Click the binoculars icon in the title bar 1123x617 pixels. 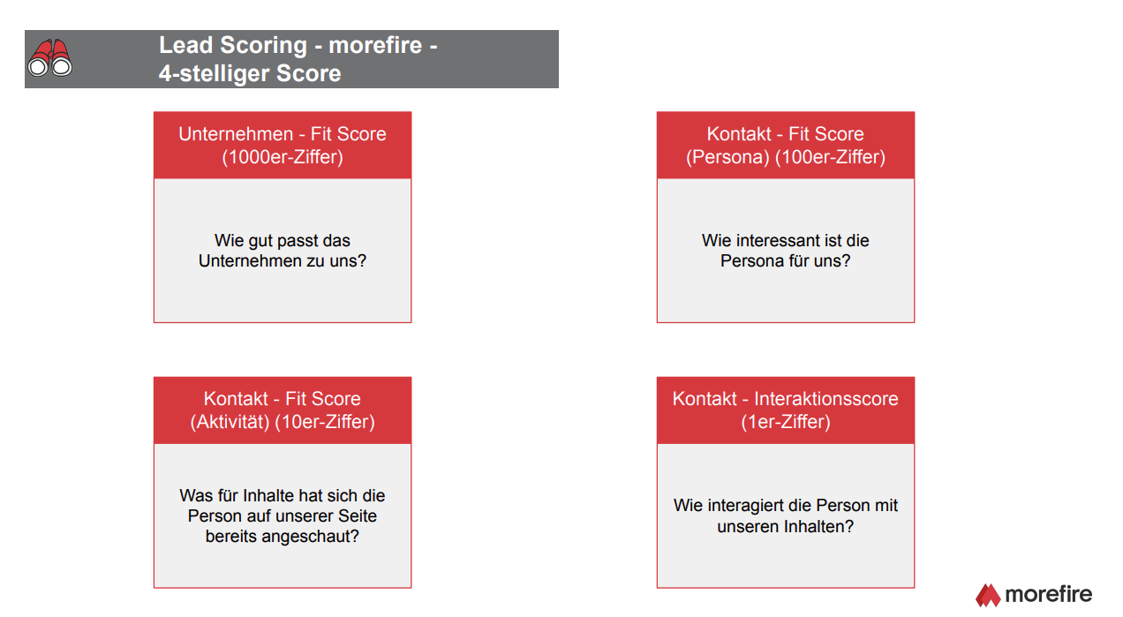tap(50, 57)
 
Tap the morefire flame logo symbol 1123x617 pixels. tap(988, 595)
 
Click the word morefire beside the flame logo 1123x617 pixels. tap(1049, 594)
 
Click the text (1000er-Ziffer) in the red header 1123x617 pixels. tap(283, 157)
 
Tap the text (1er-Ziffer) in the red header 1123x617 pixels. tap(786, 422)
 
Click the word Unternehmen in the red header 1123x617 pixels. tap(236, 134)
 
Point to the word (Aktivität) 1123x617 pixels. tap(230, 422)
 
